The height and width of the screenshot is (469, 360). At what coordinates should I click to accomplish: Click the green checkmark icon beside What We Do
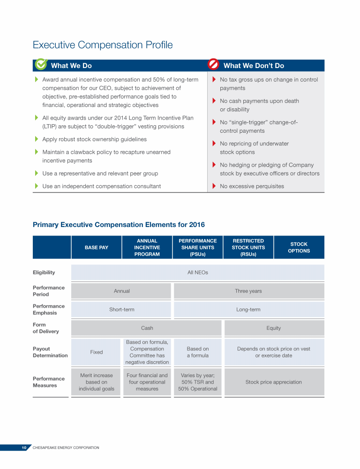(x=41, y=64)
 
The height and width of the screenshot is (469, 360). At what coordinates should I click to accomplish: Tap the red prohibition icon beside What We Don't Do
(x=214, y=64)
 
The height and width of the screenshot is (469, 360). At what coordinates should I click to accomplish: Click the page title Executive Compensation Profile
(x=103, y=45)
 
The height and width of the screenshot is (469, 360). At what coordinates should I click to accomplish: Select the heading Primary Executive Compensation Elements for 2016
(x=119, y=225)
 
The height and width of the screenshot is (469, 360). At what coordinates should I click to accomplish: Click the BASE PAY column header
(x=96, y=248)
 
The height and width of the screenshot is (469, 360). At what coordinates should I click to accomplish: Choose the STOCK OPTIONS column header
(x=299, y=248)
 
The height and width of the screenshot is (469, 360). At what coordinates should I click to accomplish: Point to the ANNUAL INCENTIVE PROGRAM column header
(x=147, y=248)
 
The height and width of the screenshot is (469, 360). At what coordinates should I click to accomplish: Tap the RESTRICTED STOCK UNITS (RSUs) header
(x=248, y=248)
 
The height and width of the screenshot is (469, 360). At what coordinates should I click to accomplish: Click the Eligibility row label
(x=44, y=272)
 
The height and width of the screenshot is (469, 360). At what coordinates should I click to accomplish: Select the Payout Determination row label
(x=50, y=352)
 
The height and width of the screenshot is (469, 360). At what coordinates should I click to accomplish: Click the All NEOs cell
(x=197, y=272)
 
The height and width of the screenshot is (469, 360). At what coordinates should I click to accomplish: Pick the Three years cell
(x=248, y=291)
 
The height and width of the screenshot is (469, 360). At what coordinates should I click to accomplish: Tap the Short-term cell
(x=121, y=310)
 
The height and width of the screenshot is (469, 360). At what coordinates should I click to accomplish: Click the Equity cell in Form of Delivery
(x=273, y=328)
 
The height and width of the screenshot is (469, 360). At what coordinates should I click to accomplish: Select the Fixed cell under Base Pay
(x=96, y=352)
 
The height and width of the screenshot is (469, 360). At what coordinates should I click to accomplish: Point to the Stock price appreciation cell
(x=273, y=382)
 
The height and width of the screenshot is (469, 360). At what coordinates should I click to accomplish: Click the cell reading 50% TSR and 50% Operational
(x=197, y=382)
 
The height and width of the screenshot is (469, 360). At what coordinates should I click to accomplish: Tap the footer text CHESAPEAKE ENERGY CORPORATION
(x=66, y=448)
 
